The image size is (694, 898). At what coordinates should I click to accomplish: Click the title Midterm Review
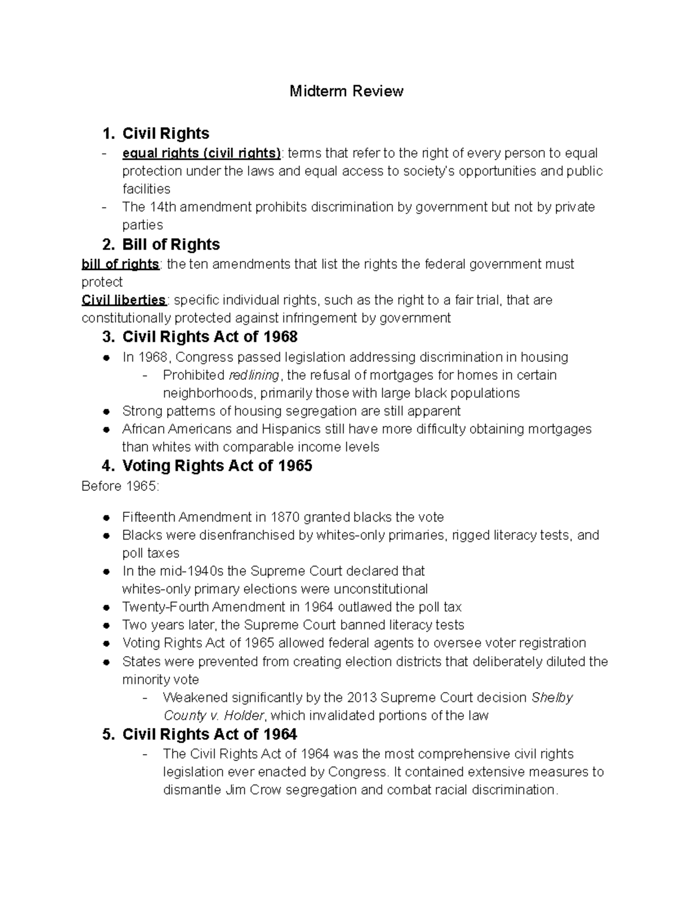coord(346,91)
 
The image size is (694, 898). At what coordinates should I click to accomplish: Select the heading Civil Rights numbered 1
coord(165,134)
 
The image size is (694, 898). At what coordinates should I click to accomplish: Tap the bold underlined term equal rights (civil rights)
coord(201,153)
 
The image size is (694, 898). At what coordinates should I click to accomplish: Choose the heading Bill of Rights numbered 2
coord(171,245)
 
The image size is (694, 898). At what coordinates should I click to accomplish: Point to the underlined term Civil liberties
coord(124,300)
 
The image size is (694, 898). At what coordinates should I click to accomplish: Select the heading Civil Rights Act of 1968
coord(209,337)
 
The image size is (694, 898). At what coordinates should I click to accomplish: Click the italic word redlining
coord(254,375)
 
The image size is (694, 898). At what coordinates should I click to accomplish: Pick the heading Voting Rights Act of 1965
coord(217,465)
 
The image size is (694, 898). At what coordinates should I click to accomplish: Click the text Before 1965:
coord(120,486)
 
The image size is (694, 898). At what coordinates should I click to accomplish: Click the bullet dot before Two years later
coord(106,626)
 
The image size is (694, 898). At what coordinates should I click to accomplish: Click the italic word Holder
coord(243,716)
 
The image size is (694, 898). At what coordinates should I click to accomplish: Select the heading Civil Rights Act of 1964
coord(209,734)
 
